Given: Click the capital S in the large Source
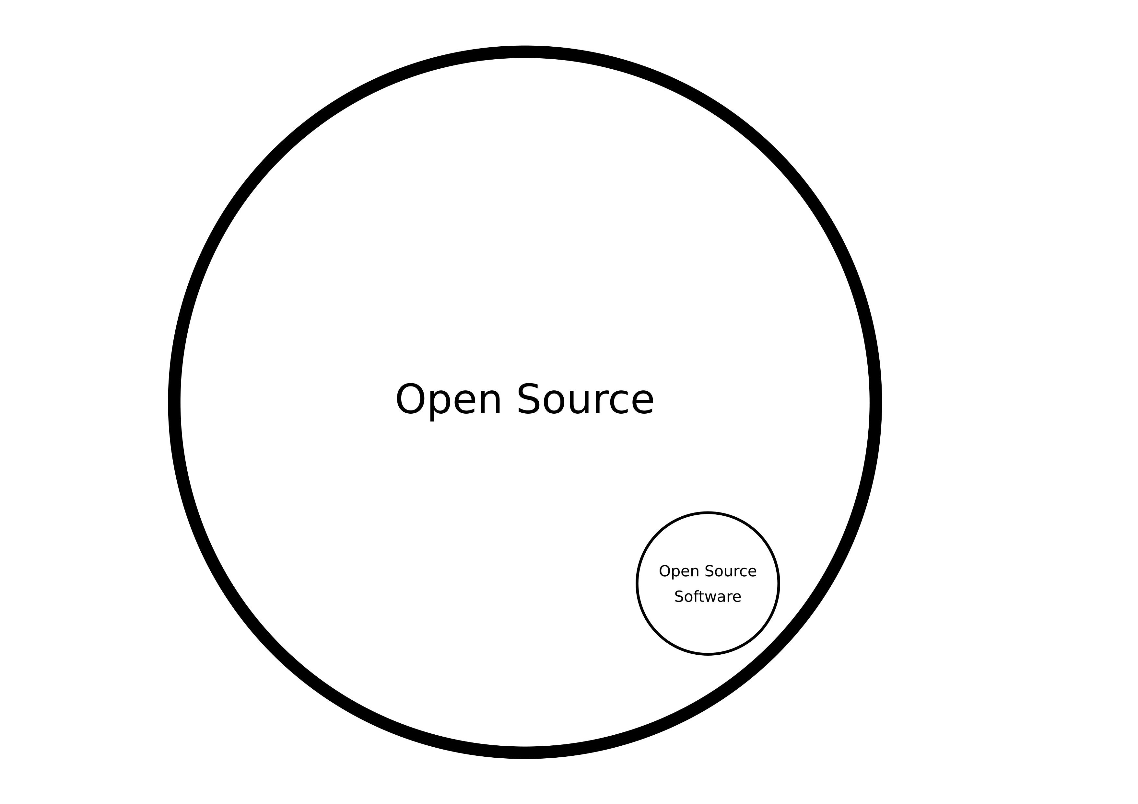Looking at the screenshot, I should pyautogui.click(x=528, y=399).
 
